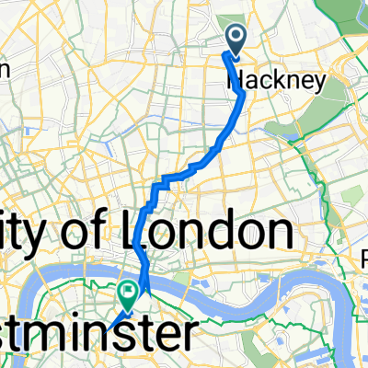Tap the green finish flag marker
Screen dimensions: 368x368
(x=126, y=293)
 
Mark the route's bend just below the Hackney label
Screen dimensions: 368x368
(x=242, y=94)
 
